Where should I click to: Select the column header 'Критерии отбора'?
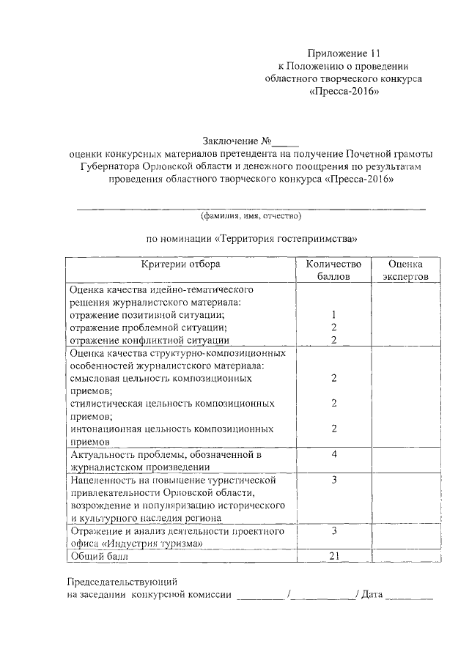point(180,264)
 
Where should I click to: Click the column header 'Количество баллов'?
point(333,270)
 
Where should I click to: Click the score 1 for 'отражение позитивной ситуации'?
point(333,314)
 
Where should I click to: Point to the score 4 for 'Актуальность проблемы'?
point(333,454)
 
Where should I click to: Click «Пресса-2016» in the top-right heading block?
point(344,93)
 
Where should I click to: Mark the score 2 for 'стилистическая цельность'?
point(333,403)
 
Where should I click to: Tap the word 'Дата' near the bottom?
point(371,595)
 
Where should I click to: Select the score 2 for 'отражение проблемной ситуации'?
point(333,327)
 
